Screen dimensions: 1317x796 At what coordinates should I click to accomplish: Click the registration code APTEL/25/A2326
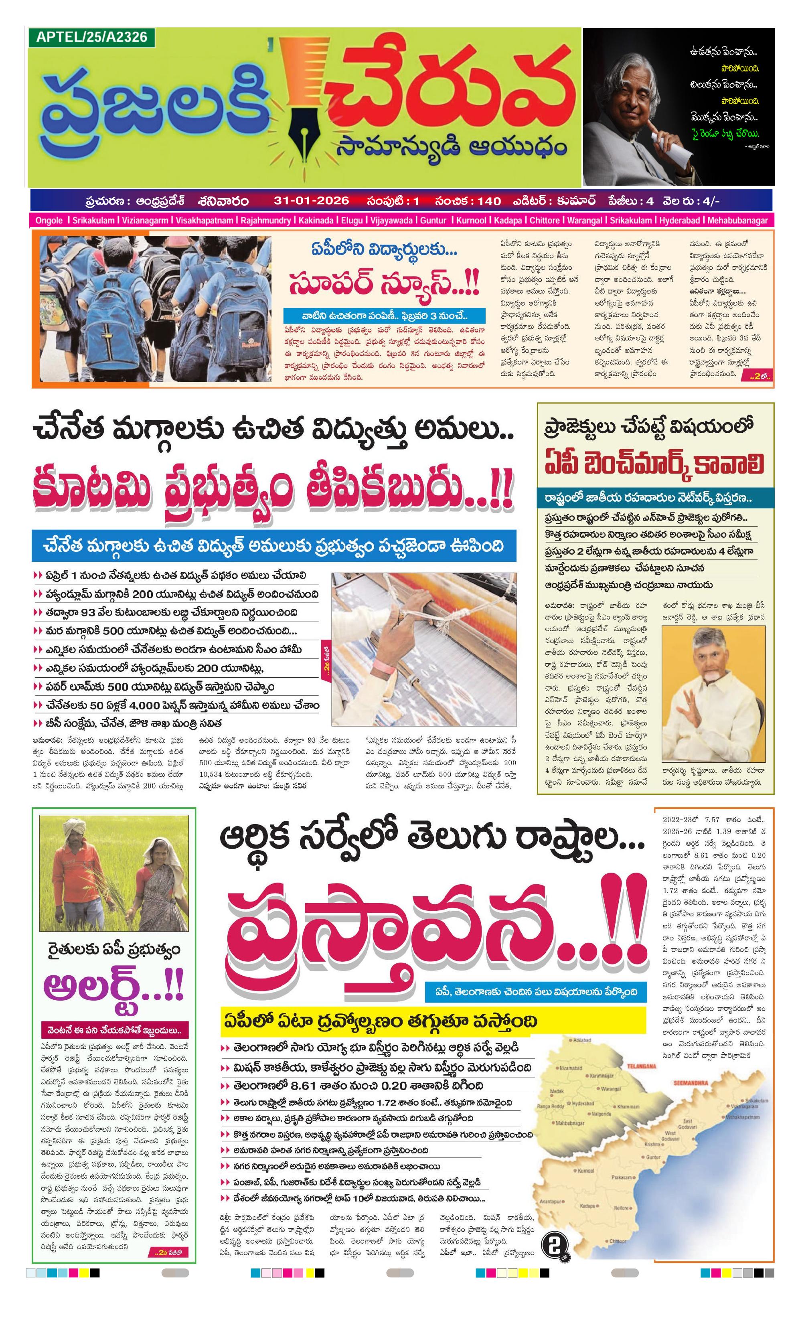pos(91,37)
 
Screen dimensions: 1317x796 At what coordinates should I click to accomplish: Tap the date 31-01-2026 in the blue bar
pos(311,201)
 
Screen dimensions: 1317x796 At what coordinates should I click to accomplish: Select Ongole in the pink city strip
pos(49,220)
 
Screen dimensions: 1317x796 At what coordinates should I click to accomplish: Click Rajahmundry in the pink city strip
pos(266,220)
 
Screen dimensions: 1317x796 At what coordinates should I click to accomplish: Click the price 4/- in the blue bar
pos(711,201)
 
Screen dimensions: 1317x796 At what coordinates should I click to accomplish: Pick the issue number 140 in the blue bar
pos(488,201)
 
